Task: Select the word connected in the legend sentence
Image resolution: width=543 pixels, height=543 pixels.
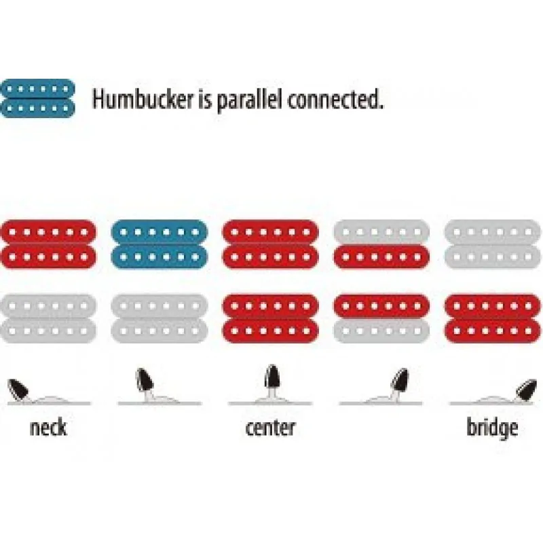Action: point(336,99)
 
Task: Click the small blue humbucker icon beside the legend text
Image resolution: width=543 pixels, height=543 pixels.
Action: point(37,98)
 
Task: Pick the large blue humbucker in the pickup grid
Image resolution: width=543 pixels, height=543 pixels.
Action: point(160,244)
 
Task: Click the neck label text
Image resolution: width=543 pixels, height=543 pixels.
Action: point(48,428)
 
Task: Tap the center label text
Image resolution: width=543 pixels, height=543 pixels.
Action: point(270,428)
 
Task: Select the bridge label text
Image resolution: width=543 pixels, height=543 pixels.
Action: point(492,429)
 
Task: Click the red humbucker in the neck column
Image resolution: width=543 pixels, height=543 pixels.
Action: point(48,244)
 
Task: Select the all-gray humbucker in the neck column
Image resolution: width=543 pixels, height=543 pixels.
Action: point(48,318)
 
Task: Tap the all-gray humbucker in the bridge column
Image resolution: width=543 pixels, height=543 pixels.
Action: point(493,244)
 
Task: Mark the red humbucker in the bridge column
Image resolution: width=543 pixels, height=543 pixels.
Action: point(493,318)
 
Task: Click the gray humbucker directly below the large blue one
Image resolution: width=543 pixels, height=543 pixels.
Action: point(160,318)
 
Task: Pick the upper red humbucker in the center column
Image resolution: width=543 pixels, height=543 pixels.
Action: point(270,244)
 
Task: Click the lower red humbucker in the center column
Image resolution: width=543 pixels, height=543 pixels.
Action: point(270,318)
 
